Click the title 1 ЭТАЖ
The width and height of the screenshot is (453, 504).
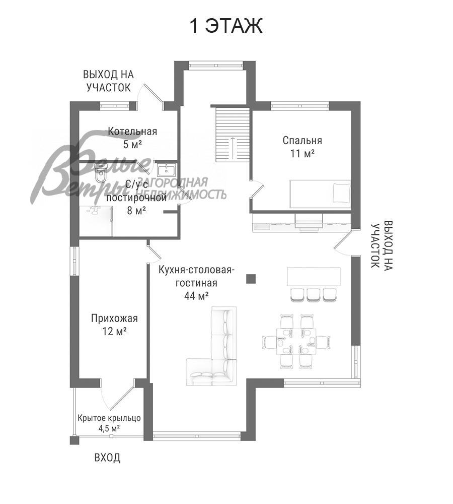pos(226,26)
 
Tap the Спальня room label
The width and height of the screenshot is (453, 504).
pos(302,141)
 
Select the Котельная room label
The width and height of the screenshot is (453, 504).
pos(132,132)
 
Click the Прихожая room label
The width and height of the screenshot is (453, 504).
pos(114,318)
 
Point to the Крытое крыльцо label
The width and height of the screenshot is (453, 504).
pos(109,418)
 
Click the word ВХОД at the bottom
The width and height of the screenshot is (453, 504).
pos(107,458)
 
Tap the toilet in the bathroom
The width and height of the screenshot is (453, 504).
pos(100,174)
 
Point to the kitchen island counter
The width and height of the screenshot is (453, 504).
pos(313,277)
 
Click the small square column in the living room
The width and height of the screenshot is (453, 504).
pos(251,278)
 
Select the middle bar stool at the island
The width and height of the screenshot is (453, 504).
pos(314,294)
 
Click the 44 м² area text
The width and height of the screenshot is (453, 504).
pos(196,296)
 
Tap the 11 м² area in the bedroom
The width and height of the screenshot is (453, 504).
pos(302,154)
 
